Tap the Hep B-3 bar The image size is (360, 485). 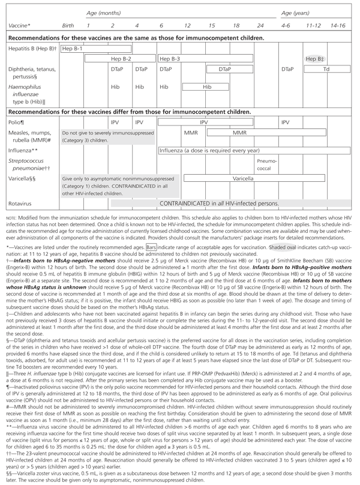click(x=169, y=59)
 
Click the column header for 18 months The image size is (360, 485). click(x=238, y=25)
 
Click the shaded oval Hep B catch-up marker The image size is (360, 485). click(x=313, y=59)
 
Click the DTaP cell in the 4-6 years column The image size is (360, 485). click(x=287, y=70)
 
